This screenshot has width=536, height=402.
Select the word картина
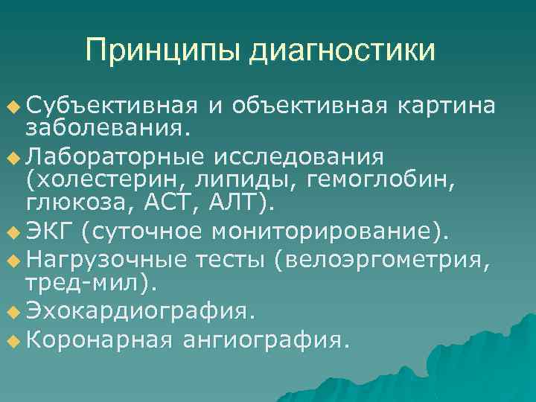click(446, 106)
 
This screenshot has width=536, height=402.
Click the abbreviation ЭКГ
click(49, 232)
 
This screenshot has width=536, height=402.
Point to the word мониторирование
click(325, 232)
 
